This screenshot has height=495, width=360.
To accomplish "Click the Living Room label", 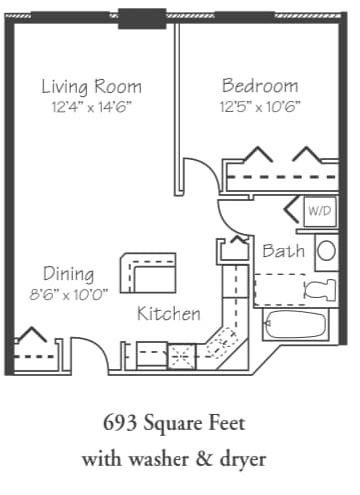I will [x=91, y=86].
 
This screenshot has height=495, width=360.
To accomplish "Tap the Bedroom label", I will [x=260, y=85].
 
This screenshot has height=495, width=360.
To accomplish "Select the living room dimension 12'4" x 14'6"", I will [x=91, y=106].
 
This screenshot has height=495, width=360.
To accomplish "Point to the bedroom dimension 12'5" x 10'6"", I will [x=260, y=105].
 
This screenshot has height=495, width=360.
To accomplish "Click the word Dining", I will [x=68, y=274].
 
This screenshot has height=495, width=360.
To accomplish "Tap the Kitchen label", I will [x=169, y=313].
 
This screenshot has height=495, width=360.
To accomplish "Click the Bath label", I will [x=283, y=251].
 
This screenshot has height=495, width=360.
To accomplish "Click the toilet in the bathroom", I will [x=320, y=290].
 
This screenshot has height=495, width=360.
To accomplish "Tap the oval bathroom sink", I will [x=326, y=250].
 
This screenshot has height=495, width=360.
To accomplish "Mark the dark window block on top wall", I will [x=143, y=17].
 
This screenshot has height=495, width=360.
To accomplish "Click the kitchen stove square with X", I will [x=181, y=351].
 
